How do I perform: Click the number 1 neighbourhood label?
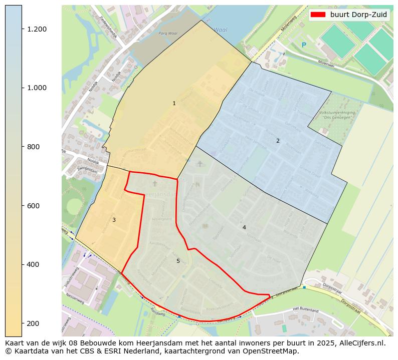pos(174,104)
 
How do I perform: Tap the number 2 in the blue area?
pos(278,141)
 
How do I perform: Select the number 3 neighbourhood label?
pos(114,220)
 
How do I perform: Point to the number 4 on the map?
pos(244,228)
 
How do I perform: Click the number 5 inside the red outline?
pos(178,261)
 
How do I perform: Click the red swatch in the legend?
pos(318,15)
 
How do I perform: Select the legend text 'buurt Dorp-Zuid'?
pos(358,15)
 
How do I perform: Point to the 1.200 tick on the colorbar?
pos(37,29)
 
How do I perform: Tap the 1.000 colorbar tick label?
pos(37,88)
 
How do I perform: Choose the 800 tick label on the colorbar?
pos(33,147)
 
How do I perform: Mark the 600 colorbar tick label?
pos(33,206)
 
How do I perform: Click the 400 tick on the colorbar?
pos(33,264)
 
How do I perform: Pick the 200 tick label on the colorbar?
pos(33,323)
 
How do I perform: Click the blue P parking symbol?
pos(303,46)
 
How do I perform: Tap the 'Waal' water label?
pos(221,30)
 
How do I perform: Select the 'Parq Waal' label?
pos(168,34)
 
